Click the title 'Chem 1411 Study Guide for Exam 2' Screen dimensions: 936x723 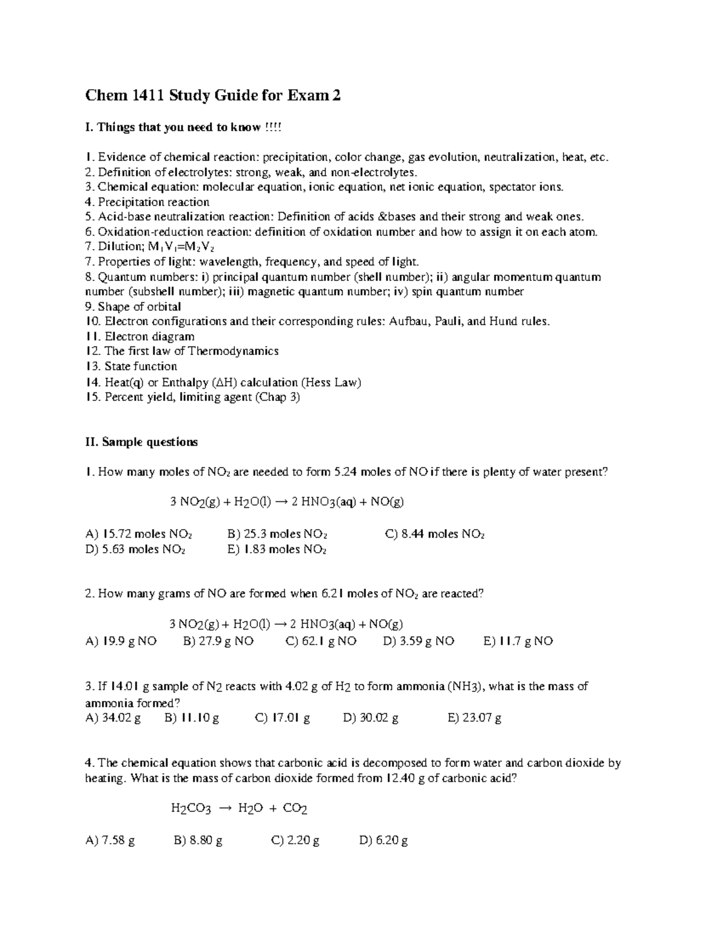point(213,95)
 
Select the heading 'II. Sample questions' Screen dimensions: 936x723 point(142,442)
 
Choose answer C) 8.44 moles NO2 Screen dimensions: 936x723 point(434,534)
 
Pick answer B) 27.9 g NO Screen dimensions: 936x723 point(218,641)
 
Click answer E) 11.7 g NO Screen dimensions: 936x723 point(518,641)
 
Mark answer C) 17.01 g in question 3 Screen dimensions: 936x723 point(283,718)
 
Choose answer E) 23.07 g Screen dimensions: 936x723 point(475,718)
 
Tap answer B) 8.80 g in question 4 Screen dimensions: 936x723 point(198,840)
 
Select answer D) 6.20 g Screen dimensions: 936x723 point(384,840)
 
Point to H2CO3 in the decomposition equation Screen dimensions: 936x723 point(191,809)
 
